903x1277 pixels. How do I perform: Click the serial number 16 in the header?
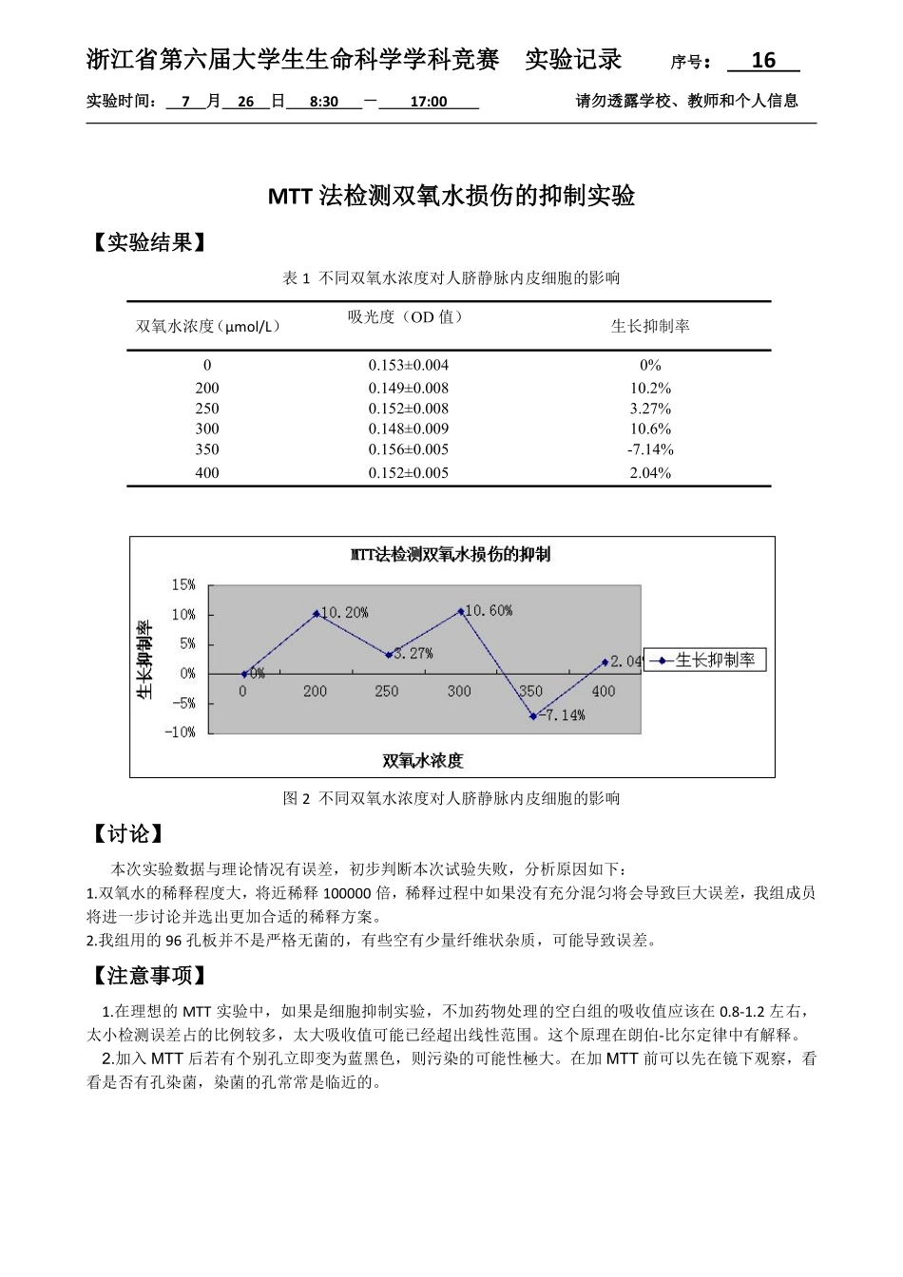(763, 61)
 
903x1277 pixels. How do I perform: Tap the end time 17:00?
(428, 102)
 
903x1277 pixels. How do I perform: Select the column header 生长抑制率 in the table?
(650, 326)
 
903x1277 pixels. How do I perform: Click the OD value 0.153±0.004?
(409, 365)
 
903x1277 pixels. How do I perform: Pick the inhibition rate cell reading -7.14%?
(650, 449)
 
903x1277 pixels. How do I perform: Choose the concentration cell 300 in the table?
(207, 429)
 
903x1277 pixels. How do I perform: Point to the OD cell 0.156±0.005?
(409, 449)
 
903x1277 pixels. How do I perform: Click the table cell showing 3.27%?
(650, 409)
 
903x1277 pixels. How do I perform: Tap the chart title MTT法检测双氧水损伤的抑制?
(451, 555)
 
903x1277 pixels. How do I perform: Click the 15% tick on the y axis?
(183, 585)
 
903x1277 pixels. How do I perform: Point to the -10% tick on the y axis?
(181, 733)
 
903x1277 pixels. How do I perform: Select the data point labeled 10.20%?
(317, 614)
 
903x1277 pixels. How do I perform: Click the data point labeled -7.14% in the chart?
(533, 715)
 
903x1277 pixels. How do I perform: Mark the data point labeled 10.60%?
(462, 611)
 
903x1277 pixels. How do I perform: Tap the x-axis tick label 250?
(387, 692)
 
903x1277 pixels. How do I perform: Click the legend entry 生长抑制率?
(714, 660)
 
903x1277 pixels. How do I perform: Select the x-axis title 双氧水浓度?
(423, 761)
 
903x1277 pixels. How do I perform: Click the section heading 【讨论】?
(127, 834)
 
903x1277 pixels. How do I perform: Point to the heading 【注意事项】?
(148, 976)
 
